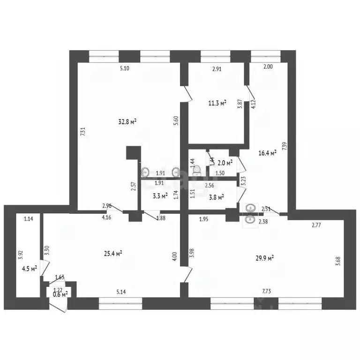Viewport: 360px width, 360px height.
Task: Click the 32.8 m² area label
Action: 127,122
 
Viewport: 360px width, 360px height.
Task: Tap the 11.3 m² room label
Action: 217,104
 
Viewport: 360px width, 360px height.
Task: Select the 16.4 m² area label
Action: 267,152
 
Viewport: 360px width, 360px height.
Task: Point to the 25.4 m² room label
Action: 113,254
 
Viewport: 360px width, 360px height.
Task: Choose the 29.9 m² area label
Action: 264,257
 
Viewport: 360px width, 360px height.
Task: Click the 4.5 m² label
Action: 30,269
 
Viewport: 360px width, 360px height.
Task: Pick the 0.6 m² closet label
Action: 60,294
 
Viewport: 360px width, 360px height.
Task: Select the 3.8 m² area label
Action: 216,197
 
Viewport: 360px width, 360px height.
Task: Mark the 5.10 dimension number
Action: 124,69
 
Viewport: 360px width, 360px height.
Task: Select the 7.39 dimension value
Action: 285,146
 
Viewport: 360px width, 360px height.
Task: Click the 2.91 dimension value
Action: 217,69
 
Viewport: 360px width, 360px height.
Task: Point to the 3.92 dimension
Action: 20,255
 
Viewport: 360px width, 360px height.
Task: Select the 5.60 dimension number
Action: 176,120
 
